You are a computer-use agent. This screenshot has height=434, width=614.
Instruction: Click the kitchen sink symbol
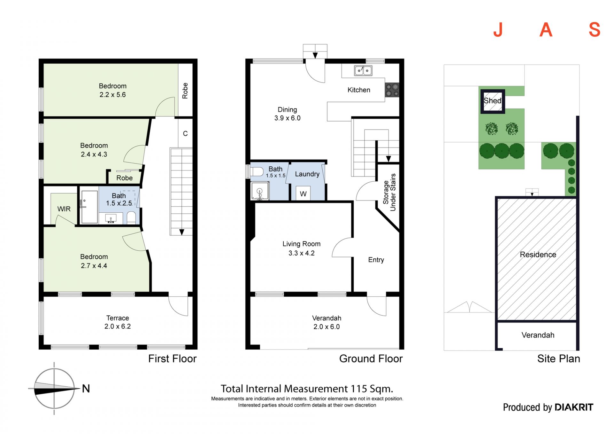click(363, 70)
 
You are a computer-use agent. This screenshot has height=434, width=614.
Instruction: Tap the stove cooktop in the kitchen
click(392, 90)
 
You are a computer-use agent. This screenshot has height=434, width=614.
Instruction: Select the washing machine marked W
click(303, 193)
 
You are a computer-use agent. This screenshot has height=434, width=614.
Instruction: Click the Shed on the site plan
click(492, 101)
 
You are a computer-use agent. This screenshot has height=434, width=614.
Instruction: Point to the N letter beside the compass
click(86, 389)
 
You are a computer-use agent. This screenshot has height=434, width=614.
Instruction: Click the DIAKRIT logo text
click(574, 407)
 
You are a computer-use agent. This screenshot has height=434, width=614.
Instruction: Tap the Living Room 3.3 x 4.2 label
click(301, 249)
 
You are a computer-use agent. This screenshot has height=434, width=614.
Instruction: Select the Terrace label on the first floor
click(118, 318)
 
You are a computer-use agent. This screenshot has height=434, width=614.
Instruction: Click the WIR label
click(64, 209)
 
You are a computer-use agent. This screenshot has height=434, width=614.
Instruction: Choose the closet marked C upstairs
click(185, 133)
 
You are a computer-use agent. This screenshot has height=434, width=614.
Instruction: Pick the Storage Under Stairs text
click(389, 193)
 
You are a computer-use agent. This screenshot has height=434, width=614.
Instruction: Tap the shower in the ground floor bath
click(260, 191)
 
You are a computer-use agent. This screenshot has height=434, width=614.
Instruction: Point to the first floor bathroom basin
click(111, 219)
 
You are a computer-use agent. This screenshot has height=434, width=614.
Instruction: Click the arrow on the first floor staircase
click(182, 232)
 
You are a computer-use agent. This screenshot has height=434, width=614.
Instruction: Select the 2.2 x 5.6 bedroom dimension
click(113, 95)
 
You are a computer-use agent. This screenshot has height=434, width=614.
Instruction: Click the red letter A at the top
click(546, 30)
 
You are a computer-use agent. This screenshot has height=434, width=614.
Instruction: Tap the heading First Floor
click(172, 359)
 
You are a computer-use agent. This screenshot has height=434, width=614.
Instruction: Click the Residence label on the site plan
click(538, 255)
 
